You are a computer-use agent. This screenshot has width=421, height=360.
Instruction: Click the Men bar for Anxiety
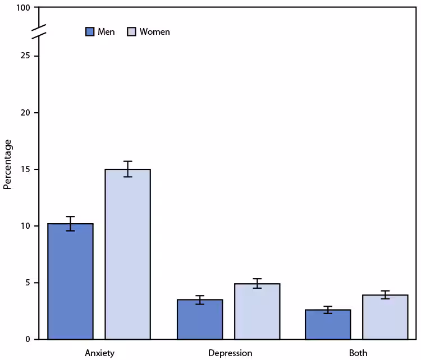pyautogui.click(x=70, y=281)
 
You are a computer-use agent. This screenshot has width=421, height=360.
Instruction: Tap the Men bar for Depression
pyautogui.click(x=200, y=319)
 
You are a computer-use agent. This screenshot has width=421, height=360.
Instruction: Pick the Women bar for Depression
pyautogui.click(x=257, y=311)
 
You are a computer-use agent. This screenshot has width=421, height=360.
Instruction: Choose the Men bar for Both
pyautogui.click(x=328, y=324)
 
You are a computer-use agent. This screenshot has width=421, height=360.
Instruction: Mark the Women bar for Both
pyautogui.click(x=385, y=317)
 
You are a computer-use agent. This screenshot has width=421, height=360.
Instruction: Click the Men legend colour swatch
pyautogui.click(x=90, y=31)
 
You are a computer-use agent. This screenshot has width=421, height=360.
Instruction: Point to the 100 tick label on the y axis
pyautogui.click(x=24, y=8)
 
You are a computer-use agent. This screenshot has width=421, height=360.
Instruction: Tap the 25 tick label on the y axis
pyautogui.click(x=26, y=56)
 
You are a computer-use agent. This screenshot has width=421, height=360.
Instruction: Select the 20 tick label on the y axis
pyautogui.click(x=26, y=113)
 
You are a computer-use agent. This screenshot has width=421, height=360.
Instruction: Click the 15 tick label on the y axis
pyautogui.click(x=26, y=169)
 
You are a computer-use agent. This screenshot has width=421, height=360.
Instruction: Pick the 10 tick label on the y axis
pyautogui.click(x=26, y=226)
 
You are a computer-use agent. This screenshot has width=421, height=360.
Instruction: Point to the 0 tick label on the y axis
pyautogui.click(x=28, y=339)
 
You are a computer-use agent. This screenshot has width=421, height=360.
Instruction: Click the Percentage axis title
pyautogui.click(x=8, y=164)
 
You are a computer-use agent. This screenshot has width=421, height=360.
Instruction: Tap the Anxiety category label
pyautogui.click(x=100, y=353)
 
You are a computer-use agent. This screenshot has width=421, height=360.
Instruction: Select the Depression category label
pyautogui.click(x=230, y=353)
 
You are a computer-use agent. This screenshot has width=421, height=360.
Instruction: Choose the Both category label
pyautogui.click(x=358, y=353)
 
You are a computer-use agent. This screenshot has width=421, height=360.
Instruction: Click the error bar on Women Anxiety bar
pyautogui.click(x=127, y=169)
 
